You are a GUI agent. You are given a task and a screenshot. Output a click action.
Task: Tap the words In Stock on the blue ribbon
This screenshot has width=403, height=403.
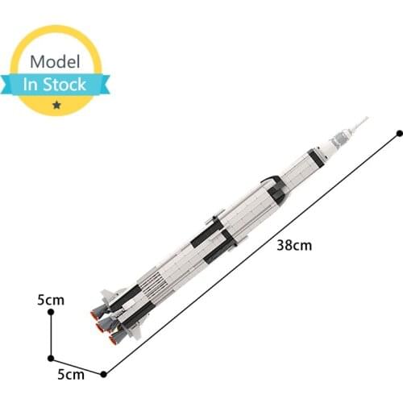tap(58, 84)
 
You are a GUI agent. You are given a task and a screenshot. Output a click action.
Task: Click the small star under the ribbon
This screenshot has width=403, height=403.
tap(56, 105)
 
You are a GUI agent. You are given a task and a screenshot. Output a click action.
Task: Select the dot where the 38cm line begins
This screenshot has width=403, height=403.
tap(103, 373)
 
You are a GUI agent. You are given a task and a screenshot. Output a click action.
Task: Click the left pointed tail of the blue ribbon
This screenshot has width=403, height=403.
tap(10, 84)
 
